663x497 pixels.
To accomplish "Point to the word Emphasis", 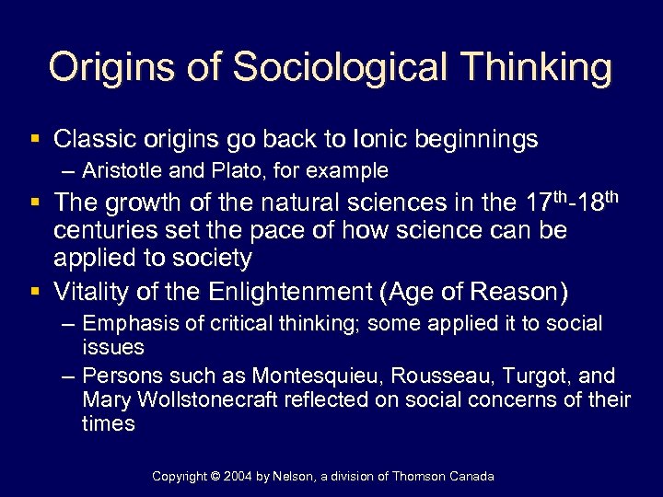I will [x=123, y=324].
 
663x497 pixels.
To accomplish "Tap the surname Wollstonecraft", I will [x=217, y=400].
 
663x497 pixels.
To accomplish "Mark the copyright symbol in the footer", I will [x=218, y=476].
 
